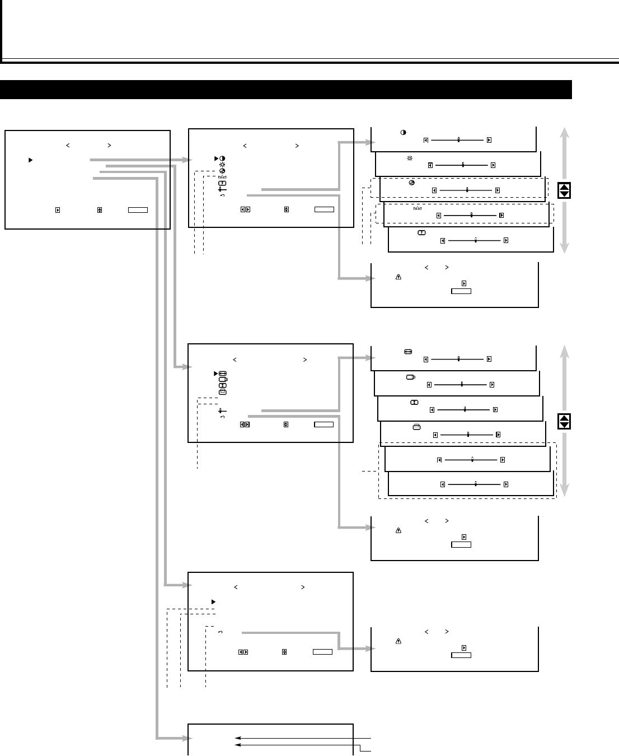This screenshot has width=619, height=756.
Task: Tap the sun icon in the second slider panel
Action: pos(410,158)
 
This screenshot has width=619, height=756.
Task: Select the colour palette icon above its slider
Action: pos(412,183)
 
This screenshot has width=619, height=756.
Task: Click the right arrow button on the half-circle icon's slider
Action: pos(489,140)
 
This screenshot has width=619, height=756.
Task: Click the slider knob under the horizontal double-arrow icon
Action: pos(458,359)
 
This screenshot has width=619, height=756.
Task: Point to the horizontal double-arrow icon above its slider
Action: pos(407,352)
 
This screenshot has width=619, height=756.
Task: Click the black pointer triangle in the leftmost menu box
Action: pos(31,160)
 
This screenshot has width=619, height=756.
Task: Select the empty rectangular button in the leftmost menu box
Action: pos(138,210)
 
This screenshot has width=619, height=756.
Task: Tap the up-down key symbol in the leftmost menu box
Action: pos(100,210)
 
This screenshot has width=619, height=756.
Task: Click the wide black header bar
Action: pos(285,90)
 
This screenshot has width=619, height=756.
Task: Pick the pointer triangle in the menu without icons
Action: pos(213,601)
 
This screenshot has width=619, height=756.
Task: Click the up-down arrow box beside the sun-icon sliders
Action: pos(564,190)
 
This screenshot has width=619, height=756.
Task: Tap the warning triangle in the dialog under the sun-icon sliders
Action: pos(398,277)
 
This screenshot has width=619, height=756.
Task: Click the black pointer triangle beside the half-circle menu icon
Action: pos(215,158)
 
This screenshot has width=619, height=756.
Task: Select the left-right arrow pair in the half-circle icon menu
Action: pos(245,209)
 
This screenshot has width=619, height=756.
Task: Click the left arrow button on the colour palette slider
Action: pos(434,190)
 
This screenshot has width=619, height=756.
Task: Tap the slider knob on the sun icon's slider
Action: pos(463,165)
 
